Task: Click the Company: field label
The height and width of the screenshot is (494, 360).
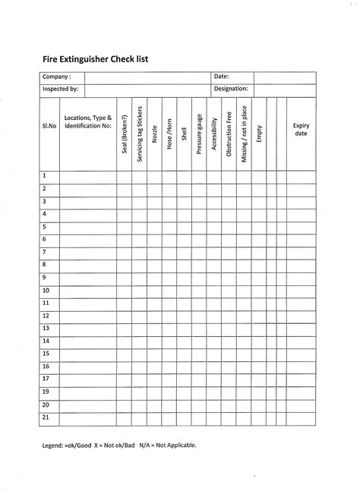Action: (57, 77)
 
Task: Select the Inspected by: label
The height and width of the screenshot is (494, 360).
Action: (61, 89)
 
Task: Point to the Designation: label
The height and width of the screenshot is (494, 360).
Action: (231, 89)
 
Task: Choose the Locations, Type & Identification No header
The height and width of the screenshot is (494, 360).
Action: (88, 121)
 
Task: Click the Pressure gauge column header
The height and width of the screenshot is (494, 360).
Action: (199, 132)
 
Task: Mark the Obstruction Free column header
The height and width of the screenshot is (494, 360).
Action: (229, 133)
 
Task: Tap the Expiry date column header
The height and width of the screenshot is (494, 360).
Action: (301, 129)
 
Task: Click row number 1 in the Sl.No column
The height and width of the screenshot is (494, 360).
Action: (45, 175)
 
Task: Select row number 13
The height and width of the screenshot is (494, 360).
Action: (46, 328)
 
